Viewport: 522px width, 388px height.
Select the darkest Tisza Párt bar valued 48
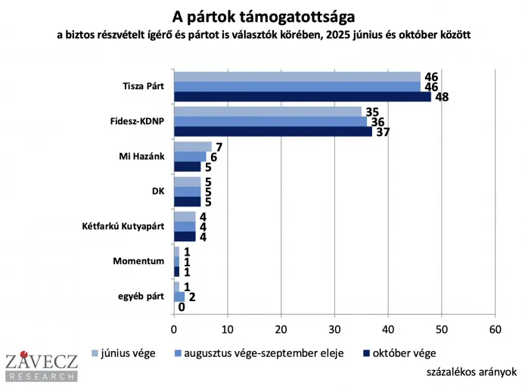302,96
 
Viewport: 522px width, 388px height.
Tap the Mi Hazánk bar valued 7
192,146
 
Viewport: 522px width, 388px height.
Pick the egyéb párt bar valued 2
179,296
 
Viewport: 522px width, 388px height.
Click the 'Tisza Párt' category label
144,85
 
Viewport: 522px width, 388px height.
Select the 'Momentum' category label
140,261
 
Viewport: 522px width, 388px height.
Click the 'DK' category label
157,191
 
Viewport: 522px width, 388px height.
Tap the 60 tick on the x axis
496,330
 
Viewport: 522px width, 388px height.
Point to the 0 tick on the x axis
174,330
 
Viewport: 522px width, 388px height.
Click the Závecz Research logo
41,367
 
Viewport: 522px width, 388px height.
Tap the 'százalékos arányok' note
471,371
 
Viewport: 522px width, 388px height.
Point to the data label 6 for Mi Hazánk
213,157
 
